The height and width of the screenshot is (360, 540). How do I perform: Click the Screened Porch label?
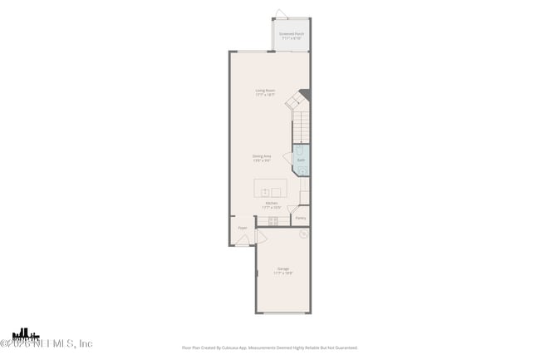click(292, 36)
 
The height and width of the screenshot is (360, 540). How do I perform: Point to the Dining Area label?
click(263, 158)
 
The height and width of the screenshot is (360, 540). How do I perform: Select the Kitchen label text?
click(272, 205)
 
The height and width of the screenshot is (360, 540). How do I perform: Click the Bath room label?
click(301, 160)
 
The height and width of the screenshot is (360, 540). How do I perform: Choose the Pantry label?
click(300, 218)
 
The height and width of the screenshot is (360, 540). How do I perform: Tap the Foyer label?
click(243, 227)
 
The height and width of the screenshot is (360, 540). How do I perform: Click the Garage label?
click(283, 270)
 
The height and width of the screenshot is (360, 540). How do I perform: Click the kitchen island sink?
click(264, 192)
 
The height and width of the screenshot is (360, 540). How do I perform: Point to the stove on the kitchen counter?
click(272, 220)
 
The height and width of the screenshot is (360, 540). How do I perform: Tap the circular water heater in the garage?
click(304, 234)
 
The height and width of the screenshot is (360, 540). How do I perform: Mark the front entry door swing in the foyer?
click(242, 240)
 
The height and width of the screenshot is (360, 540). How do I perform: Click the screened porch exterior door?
click(281, 14)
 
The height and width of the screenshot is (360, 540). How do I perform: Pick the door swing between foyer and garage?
click(260, 237)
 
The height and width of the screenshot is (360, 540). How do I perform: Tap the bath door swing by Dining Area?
click(287, 157)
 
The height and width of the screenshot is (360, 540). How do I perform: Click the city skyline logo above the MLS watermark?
click(25, 333)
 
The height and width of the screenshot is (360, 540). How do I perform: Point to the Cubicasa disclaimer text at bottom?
click(270, 348)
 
